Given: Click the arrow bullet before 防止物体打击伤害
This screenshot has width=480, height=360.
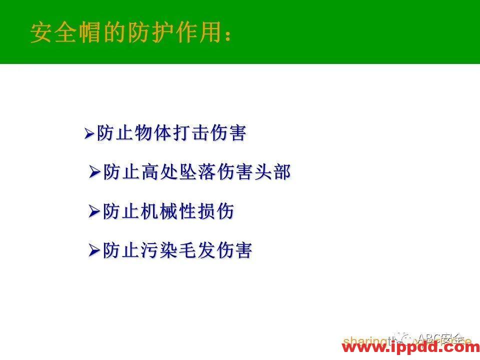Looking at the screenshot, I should pyautogui.click(x=89, y=133).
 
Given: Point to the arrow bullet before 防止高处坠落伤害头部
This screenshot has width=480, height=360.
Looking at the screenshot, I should pyautogui.click(x=95, y=172).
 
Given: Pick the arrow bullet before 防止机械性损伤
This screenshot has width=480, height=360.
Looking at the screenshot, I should pyautogui.click(x=94, y=211).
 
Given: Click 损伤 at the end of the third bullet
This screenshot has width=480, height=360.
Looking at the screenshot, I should pyautogui.click(x=215, y=211).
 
